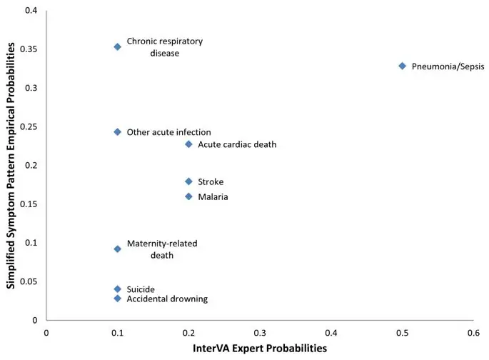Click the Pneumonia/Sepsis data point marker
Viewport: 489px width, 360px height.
click(403, 66)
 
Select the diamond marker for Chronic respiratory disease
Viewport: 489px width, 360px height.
click(118, 47)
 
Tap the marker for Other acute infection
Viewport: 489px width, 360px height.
click(118, 132)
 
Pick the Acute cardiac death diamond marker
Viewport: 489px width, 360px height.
click(188, 144)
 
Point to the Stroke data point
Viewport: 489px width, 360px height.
click(188, 181)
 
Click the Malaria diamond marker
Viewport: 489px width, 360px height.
click(188, 196)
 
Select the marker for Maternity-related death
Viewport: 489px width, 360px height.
click(118, 249)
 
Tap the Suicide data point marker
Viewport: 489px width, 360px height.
click(118, 289)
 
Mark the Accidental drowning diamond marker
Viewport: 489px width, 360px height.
click(118, 299)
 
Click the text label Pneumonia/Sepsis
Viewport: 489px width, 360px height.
click(448, 66)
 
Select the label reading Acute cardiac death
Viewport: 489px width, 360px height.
click(237, 145)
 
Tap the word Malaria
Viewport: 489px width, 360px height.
click(213, 197)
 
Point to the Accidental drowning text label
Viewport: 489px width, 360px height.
click(167, 299)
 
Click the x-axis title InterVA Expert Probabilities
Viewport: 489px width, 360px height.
click(259, 349)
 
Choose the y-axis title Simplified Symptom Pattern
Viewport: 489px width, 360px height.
click(11, 166)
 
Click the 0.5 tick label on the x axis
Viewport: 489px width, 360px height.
click(402, 332)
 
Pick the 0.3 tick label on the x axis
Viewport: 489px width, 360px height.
click(260, 332)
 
